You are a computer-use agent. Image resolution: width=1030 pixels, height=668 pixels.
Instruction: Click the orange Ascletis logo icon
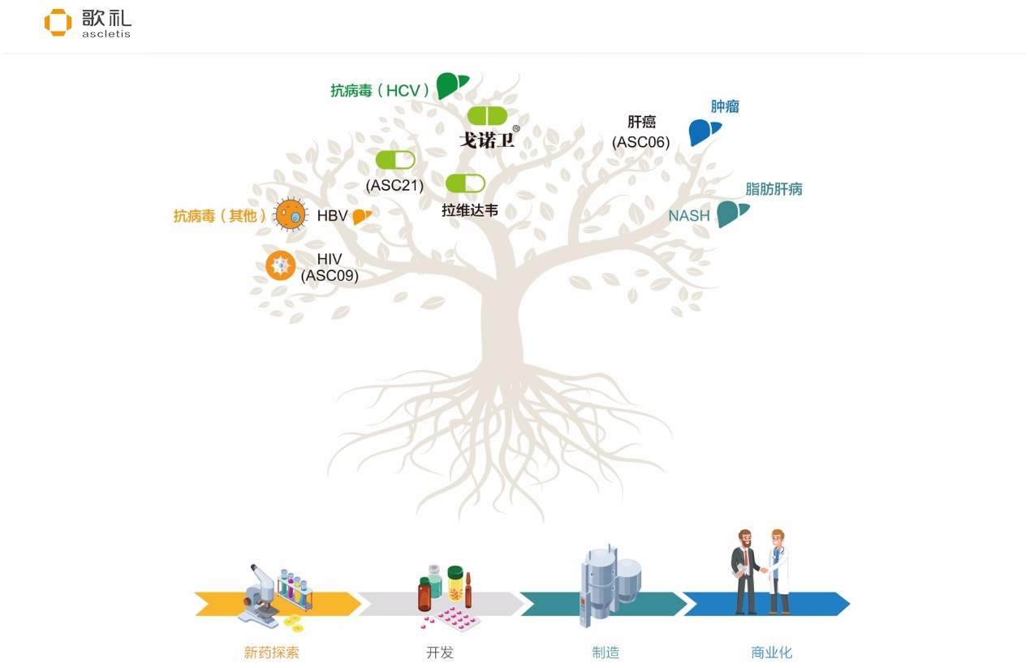[x=58, y=23]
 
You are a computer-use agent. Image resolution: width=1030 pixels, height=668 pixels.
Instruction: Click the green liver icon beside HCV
[x=451, y=85]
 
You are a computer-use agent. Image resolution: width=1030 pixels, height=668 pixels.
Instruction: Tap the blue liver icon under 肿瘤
[x=704, y=131]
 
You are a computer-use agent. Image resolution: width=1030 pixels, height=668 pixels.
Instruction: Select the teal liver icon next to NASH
[x=731, y=213]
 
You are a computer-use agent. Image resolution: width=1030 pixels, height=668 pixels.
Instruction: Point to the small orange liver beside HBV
[x=361, y=216]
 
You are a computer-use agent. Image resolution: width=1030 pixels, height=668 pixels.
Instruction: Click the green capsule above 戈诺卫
[x=487, y=116]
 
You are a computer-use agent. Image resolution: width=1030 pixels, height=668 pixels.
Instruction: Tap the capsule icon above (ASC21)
[x=395, y=160]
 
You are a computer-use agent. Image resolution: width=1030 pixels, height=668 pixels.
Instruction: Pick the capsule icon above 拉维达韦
[x=465, y=183]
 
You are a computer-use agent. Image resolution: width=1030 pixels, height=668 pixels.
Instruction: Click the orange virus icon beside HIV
[x=281, y=265]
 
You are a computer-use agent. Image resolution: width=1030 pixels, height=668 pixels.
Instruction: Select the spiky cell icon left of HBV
[x=291, y=215]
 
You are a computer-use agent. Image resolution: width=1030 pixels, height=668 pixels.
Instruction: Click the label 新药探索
[x=271, y=652]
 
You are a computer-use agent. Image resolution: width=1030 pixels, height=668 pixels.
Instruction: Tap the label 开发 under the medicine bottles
[x=440, y=652]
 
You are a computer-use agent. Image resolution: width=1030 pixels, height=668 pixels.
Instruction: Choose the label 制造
[x=606, y=652]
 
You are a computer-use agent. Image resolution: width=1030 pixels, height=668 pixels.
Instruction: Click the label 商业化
[x=771, y=652]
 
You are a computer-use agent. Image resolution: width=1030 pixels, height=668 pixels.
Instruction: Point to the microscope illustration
[x=261, y=595]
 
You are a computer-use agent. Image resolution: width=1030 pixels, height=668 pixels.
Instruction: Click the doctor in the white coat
[x=778, y=571]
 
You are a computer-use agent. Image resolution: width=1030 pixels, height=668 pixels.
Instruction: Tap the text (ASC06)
[x=641, y=143]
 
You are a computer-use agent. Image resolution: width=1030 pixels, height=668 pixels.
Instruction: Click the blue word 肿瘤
[x=725, y=106]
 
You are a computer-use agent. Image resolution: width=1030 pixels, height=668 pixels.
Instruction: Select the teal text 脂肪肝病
[x=774, y=189]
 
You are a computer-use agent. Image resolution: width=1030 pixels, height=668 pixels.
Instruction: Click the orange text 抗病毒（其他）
[x=220, y=216]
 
